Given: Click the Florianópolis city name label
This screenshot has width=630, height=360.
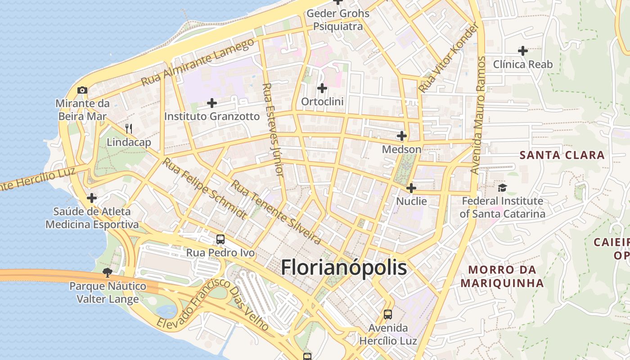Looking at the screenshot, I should pos(344,267).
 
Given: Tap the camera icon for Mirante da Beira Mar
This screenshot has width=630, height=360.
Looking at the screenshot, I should pos(82,90).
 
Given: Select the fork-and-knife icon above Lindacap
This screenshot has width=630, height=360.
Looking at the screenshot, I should pos(129,129).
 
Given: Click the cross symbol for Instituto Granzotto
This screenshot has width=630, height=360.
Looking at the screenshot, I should pos(211,103).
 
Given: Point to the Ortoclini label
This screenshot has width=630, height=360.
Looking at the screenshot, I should pos(322,102).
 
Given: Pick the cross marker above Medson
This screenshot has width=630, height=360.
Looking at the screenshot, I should pos(401,135).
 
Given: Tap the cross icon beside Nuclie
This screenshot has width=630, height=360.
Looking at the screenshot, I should pos(411,188).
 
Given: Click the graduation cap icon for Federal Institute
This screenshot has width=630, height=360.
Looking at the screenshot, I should pos(502,187).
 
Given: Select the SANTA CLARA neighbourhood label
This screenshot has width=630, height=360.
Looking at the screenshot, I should pos(562,155).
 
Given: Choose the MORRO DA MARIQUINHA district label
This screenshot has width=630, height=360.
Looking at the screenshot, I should pos(502,276).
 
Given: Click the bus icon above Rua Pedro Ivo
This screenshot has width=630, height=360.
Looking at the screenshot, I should pos(220,239).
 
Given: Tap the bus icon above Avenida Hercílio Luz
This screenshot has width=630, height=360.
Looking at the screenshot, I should pos(387,314).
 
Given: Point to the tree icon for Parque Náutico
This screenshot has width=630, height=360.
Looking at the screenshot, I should pos(107,272).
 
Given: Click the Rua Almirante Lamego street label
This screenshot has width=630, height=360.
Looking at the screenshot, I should pos(198,63).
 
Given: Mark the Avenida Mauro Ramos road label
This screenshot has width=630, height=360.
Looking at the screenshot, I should pos(479,115).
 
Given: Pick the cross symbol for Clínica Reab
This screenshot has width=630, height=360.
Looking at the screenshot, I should pos(522,51).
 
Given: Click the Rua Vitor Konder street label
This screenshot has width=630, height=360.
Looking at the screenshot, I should pos(448,58).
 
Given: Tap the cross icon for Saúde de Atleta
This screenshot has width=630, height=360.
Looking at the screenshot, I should pos(92,198).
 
